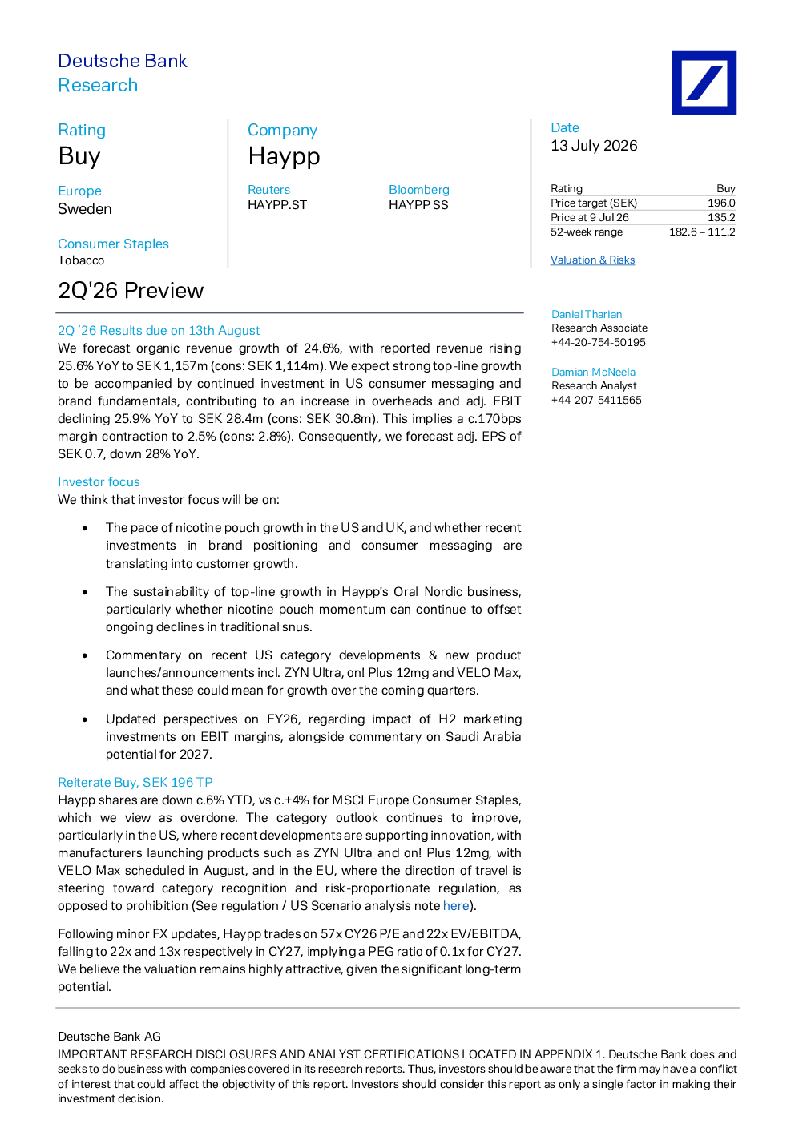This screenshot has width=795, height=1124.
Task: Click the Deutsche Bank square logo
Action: coord(704,83)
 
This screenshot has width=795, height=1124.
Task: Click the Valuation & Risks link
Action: coord(592,260)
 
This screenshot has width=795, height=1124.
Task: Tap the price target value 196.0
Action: coord(721,203)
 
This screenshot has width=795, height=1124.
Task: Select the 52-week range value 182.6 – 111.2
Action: coord(702,232)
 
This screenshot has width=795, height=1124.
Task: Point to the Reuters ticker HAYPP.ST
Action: coord(277,205)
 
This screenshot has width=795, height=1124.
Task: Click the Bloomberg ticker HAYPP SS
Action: coord(418,205)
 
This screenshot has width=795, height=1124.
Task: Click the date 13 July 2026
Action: coord(594,146)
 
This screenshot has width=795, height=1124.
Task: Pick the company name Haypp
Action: coord(284,156)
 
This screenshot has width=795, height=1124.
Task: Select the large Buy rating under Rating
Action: coord(79,156)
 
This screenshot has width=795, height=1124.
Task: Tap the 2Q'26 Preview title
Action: coord(131,290)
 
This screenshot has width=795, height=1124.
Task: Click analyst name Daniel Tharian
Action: coord(587,314)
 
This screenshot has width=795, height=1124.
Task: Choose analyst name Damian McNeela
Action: coord(593,372)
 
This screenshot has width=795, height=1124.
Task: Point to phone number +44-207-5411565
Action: coord(596,400)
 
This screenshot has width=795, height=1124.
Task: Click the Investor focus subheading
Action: coord(99,481)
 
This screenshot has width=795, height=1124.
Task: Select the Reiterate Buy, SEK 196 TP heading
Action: coord(135,782)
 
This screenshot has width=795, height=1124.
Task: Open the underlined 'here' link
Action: coord(456,906)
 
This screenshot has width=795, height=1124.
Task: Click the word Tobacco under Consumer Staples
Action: coord(81,260)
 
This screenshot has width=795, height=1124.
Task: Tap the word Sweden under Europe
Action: coord(85,209)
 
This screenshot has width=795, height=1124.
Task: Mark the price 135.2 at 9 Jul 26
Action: coord(721,217)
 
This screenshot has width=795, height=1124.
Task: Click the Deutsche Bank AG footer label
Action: coord(110,1037)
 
